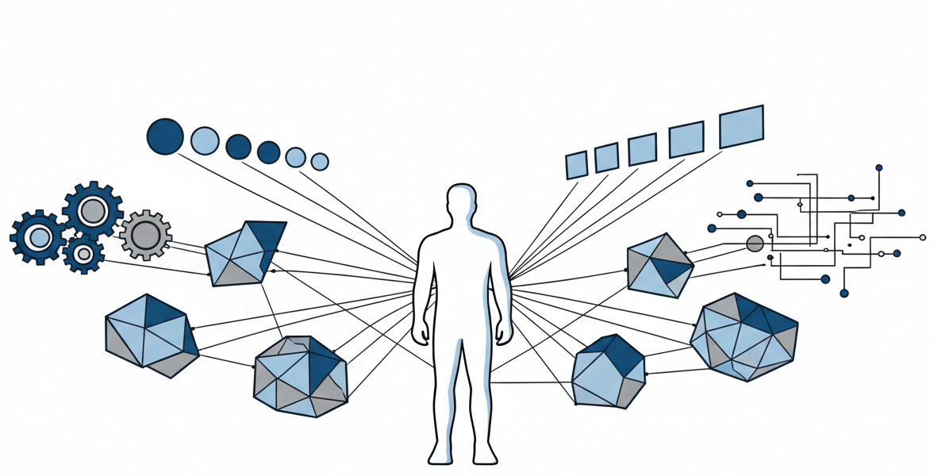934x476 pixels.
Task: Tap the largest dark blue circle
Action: (x=165, y=136)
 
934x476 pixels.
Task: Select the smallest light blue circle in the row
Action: (x=319, y=162)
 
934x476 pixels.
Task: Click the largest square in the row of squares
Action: (x=741, y=127)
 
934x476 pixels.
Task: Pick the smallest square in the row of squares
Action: (x=576, y=164)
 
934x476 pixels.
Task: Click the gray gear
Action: (x=145, y=235)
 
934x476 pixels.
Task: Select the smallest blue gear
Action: (x=83, y=253)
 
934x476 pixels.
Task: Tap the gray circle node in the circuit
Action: (x=755, y=244)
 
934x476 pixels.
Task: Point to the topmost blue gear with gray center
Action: (x=93, y=210)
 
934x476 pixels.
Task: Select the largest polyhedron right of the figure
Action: (x=744, y=336)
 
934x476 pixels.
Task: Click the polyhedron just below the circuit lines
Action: (x=659, y=266)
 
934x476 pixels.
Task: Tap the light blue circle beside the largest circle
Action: (x=205, y=140)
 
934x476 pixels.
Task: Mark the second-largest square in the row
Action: (x=686, y=139)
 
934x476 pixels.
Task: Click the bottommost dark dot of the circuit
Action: (x=844, y=294)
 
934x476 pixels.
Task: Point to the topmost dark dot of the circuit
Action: (x=878, y=167)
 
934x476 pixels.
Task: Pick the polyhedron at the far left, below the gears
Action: (x=150, y=334)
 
